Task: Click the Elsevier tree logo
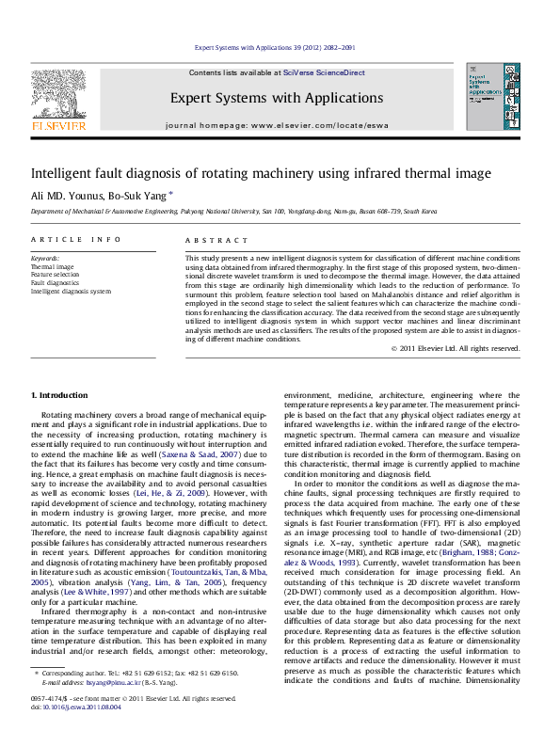(58, 94)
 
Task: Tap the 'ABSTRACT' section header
(209, 240)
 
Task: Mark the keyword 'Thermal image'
(51, 267)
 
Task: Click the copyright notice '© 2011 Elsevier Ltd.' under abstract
(456, 348)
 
